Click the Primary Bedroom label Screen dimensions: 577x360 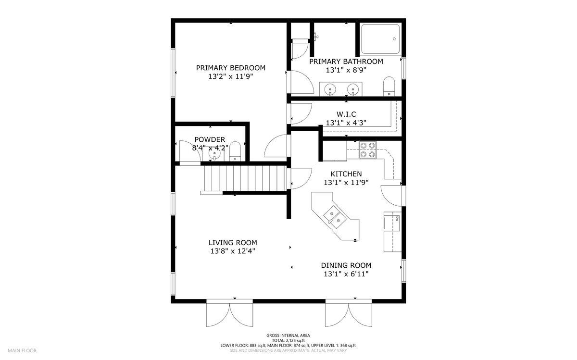230,68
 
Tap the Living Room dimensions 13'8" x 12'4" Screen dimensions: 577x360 233,251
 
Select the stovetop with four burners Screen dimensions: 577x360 367,150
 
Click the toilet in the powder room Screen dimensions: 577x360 235,151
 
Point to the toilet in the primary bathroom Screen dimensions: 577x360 389,86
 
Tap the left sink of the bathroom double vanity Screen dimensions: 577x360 330,90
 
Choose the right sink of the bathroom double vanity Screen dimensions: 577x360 352,90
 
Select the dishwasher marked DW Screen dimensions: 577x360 392,219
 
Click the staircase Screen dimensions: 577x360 245,178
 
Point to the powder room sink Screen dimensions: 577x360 214,154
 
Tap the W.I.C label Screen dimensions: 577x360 346,114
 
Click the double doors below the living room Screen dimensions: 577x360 229,313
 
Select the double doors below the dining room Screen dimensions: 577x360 349,313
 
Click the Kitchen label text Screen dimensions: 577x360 346,174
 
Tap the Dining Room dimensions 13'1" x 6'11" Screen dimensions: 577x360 346,274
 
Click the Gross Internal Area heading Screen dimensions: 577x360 288,335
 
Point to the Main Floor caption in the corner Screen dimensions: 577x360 22,350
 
